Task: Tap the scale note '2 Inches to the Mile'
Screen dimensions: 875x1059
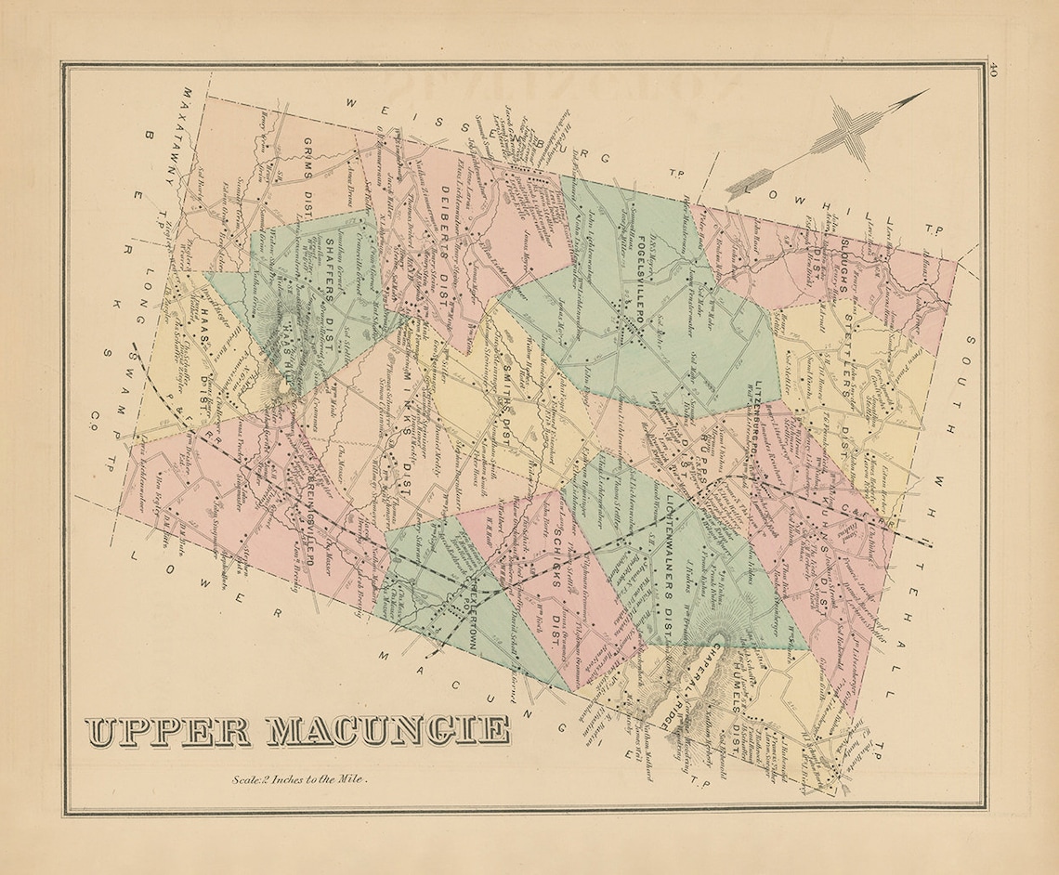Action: pos(302,780)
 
